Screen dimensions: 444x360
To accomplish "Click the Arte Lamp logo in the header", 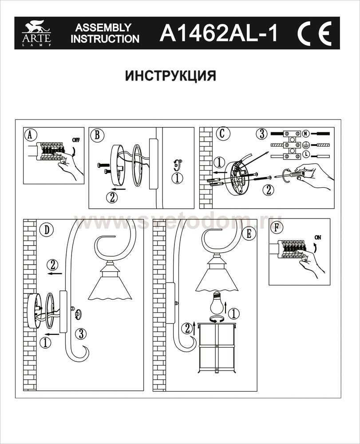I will (36, 34).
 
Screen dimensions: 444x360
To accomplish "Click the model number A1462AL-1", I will (218, 34).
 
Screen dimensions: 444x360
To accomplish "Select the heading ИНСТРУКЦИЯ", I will (170, 75).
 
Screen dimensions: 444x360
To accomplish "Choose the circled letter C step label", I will (221, 133).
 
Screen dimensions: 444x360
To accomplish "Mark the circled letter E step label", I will (249, 233).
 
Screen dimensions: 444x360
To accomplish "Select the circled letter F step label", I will (277, 227).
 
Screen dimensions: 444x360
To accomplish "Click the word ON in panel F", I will (317, 237).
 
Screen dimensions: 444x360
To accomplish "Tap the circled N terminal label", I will (306, 133).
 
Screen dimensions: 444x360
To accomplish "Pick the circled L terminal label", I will (306, 154).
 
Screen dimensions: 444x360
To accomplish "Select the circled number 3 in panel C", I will (262, 134).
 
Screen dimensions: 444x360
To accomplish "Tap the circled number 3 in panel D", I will (80, 333).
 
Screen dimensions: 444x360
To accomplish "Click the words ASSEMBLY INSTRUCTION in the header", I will (105, 33).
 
